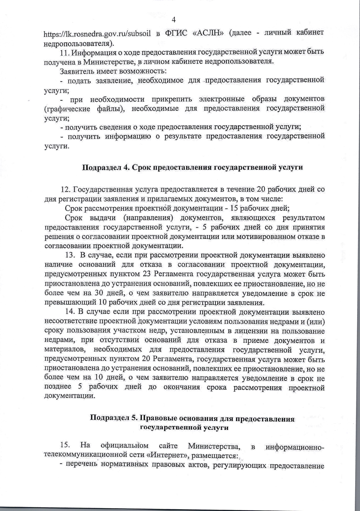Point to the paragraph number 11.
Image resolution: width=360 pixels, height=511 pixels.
click(65, 52)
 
